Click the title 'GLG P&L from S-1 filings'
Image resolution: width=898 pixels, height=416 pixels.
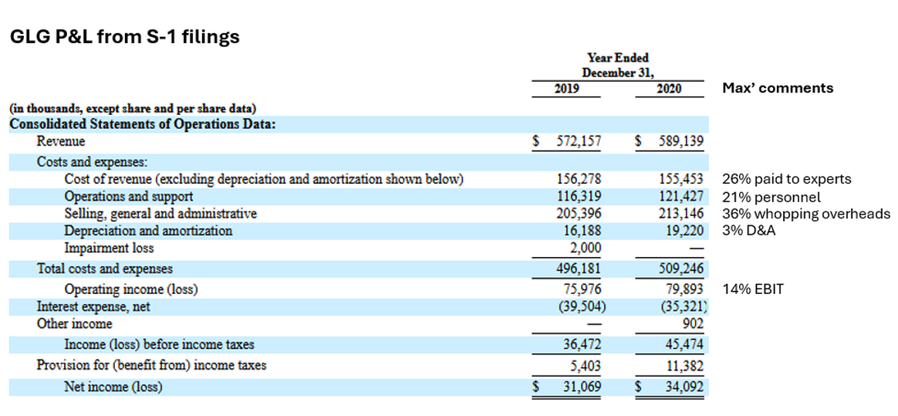(x=124, y=37)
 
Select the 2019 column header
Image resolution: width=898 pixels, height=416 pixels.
(x=567, y=89)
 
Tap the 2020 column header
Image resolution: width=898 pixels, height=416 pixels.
(x=669, y=89)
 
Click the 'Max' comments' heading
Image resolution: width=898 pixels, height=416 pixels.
(x=778, y=88)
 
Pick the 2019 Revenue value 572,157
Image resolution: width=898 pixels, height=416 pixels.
(x=579, y=142)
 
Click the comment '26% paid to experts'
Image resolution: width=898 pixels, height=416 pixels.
(x=787, y=179)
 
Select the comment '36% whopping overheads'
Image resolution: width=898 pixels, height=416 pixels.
(x=806, y=214)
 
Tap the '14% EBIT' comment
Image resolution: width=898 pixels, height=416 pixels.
(x=753, y=289)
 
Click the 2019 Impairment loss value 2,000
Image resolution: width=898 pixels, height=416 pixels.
(x=586, y=249)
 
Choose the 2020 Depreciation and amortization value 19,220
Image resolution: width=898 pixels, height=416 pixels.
(x=684, y=231)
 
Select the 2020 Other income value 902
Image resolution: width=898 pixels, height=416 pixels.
(x=693, y=324)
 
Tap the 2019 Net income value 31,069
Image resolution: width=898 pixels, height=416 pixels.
(x=582, y=387)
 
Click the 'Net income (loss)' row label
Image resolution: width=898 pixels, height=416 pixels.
(x=113, y=387)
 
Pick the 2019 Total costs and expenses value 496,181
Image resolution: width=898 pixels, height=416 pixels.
(x=579, y=269)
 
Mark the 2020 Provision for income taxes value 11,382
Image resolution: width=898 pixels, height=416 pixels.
(x=684, y=365)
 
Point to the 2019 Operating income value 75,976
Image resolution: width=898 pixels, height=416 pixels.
(x=582, y=289)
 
